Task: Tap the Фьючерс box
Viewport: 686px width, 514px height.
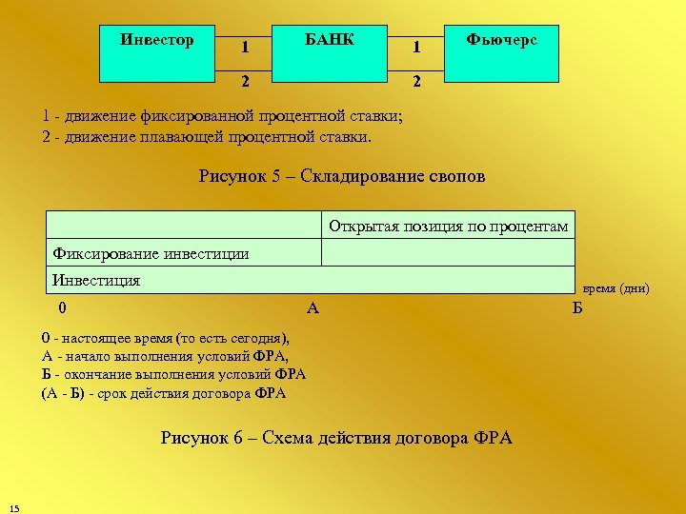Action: [x=501, y=52]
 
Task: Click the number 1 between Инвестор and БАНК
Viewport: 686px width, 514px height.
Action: [x=245, y=47]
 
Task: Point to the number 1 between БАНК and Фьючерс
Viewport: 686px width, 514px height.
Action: [x=415, y=47]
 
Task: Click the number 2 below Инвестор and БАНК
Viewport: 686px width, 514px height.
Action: [x=245, y=82]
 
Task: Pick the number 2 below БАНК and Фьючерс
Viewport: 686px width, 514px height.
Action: [x=415, y=82]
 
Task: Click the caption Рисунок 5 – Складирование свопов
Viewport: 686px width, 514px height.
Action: [x=342, y=176]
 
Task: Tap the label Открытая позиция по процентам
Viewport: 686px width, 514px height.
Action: [x=448, y=227]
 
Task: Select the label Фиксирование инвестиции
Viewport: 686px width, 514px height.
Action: [x=151, y=253]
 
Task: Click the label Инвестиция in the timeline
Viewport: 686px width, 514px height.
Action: [x=97, y=280]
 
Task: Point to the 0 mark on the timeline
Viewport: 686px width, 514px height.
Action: [x=62, y=307]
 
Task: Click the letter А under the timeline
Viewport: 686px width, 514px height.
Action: [x=313, y=307]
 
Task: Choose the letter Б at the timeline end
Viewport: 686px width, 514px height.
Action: [x=576, y=307]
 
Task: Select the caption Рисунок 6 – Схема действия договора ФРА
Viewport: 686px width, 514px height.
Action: [x=336, y=438]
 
